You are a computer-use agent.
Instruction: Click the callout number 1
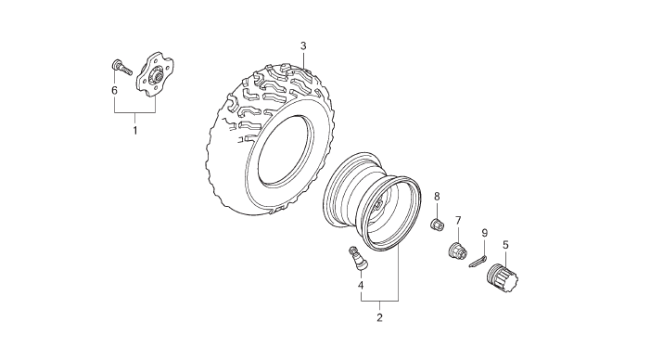(135, 131)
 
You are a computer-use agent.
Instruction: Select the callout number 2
(379, 317)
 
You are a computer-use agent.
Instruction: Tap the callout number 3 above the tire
(303, 45)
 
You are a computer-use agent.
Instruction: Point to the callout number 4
(361, 286)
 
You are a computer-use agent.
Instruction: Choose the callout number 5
(505, 245)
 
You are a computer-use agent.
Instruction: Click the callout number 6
(114, 91)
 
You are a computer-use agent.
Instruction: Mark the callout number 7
(458, 221)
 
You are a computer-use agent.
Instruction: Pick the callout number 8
(437, 197)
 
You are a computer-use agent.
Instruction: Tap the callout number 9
(485, 233)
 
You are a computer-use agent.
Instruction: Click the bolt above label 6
(121, 68)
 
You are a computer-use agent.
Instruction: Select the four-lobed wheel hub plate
(155, 74)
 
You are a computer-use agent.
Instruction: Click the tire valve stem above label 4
(357, 258)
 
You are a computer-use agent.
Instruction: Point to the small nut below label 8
(437, 225)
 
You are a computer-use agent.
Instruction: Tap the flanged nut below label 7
(457, 250)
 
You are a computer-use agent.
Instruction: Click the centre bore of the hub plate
(158, 76)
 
